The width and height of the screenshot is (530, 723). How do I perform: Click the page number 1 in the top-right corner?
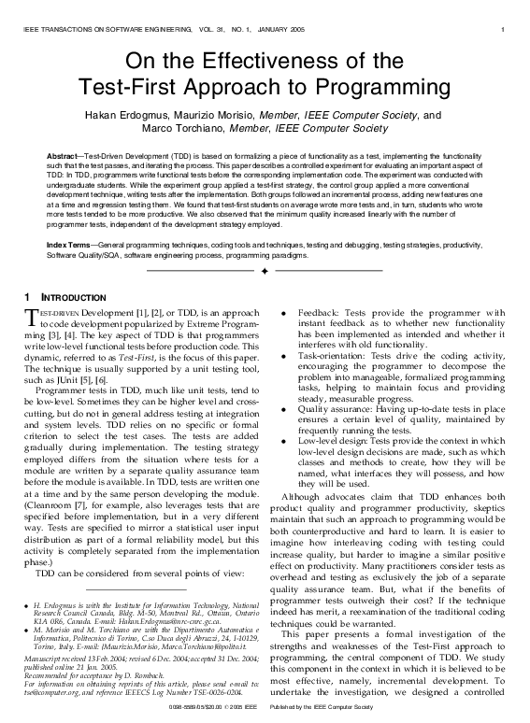pyautogui.click(x=503, y=30)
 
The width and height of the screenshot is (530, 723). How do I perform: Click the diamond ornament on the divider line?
pyautogui.click(x=265, y=270)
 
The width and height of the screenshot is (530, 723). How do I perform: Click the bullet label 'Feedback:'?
pyautogui.click(x=318, y=314)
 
